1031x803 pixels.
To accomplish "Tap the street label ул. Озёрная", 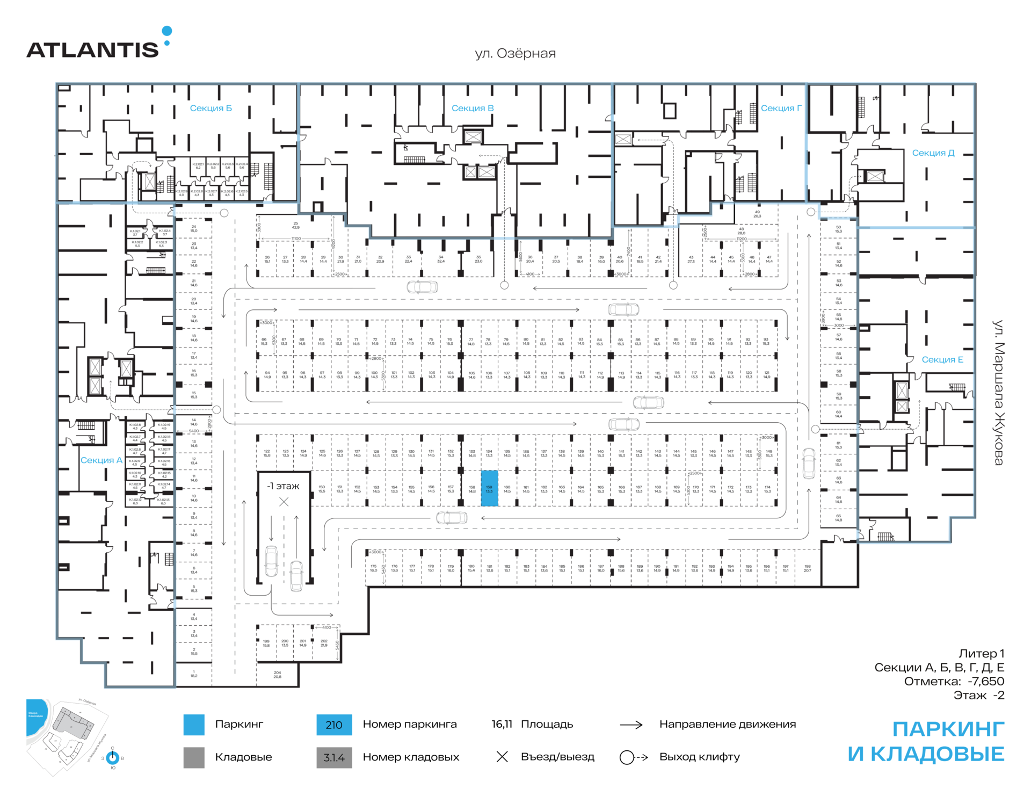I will point(515,54).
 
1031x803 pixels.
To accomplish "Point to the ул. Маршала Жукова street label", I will point(998,393).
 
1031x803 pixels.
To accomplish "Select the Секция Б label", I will point(210,108).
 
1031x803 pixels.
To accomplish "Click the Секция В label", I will point(472,108).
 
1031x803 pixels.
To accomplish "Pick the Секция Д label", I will point(933,153).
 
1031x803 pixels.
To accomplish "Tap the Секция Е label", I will point(942,360).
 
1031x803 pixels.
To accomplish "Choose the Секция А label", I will point(101,460).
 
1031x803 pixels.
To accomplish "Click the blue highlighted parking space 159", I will point(489,488).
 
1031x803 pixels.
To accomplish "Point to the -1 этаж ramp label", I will point(283,486).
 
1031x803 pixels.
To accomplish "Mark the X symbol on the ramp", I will point(284,502).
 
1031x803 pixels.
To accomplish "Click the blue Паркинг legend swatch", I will point(194,725).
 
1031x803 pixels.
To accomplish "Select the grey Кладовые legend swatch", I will point(194,757).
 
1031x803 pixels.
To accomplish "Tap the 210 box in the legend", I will point(334,725).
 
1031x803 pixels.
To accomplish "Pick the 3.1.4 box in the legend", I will point(334,757).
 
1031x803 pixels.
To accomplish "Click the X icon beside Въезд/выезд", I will point(502,757).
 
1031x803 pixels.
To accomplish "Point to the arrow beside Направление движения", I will point(631,725).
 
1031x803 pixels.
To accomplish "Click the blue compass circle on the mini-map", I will point(113,758).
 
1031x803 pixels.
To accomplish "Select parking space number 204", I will point(277,675).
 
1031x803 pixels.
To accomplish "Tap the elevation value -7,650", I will point(985,681).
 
